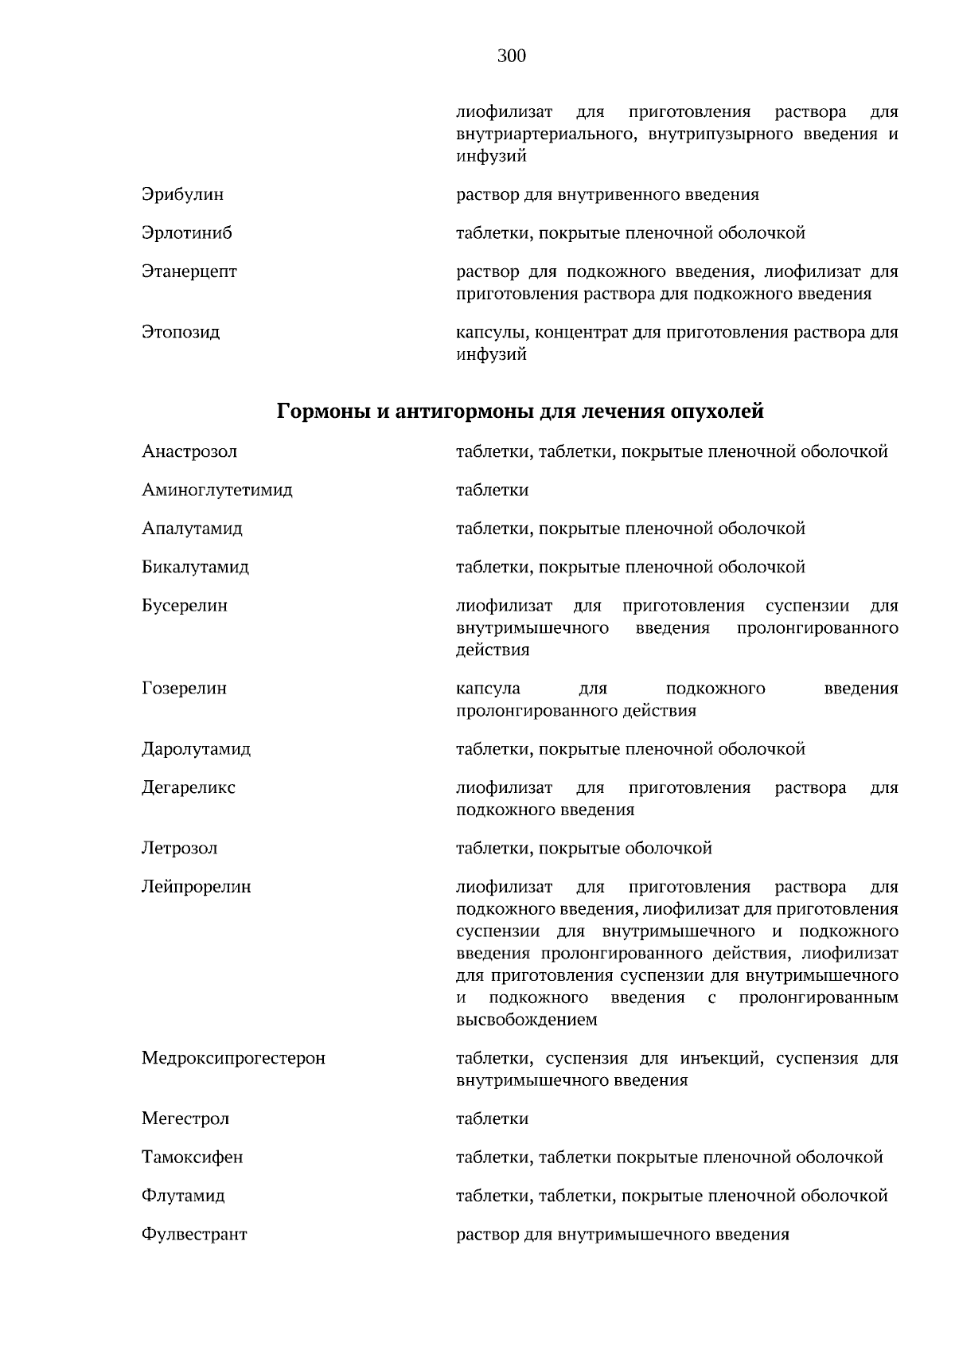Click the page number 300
click(512, 56)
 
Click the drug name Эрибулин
click(182, 194)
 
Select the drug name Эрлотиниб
click(187, 233)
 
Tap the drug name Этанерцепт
click(189, 271)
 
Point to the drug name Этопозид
click(181, 332)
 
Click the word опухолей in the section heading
click(717, 412)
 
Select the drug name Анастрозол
click(189, 452)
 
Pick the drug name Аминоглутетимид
click(216, 490)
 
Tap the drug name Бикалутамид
click(195, 568)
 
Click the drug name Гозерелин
click(184, 689)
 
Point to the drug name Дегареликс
click(189, 788)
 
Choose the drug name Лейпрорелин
click(196, 887)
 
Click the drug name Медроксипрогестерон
click(233, 1059)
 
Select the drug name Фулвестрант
click(194, 1235)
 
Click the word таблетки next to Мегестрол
click(492, 1119)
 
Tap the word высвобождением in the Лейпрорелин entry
click(526, 1020)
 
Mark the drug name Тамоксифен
click(192, 1158)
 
